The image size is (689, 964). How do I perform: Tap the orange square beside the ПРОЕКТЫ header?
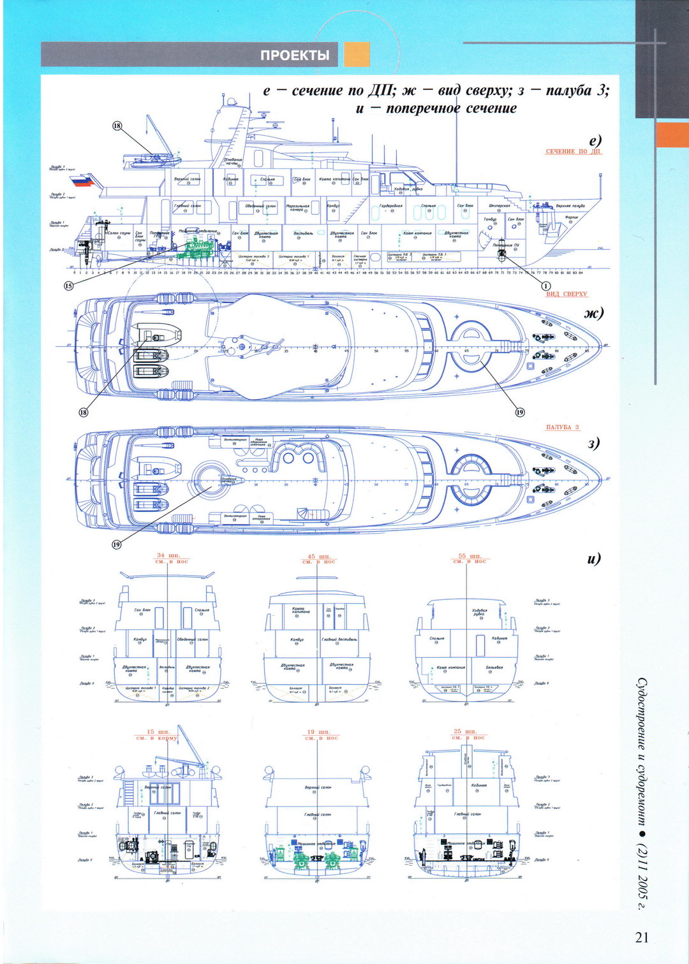coord(357,55)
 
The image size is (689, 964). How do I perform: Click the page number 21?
coord(642,937)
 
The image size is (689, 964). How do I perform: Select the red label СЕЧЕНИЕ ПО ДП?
coord(573,152)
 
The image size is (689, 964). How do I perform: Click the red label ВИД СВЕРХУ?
coord(567,294)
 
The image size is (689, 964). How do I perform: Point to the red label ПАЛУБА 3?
coord(562,427)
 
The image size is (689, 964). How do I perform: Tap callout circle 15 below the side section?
coord(69,286)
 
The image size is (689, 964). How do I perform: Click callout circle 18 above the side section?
coord(117,126)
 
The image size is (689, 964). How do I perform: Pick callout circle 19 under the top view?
coord(520,412)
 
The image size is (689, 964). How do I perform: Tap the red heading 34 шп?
coord(169,556)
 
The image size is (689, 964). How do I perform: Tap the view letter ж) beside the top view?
coord(593,313)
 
